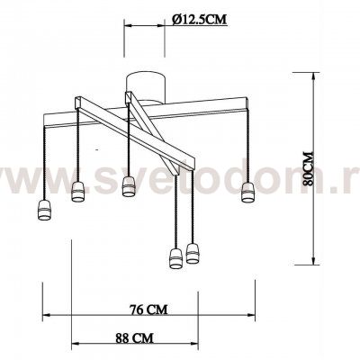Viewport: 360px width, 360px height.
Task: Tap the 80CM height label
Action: click(x=309, y=167)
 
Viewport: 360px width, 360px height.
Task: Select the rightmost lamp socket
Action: click(x=248, y=191)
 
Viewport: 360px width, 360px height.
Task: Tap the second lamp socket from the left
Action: click(x=76, y=190)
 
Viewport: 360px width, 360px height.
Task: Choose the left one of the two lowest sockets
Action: click(x=175, y=258)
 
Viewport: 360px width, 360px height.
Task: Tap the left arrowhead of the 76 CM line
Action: click(x=48, y=316)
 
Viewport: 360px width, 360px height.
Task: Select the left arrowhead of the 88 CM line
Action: click(x=73, y=346)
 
